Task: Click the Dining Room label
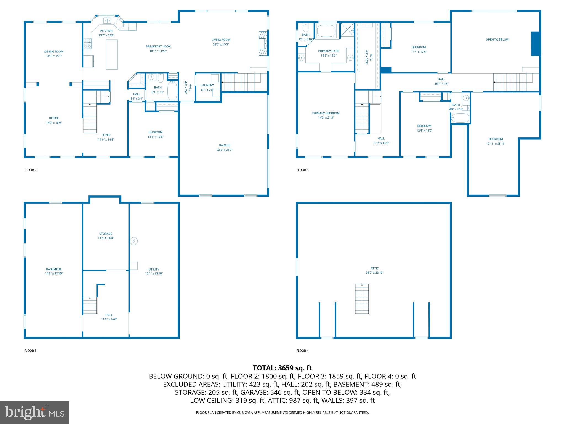tap(54, 52)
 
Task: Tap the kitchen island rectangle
tap(112, 54)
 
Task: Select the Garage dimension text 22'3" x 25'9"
tap(224, 150)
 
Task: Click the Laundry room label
tap(207, 85)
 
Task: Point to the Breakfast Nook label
tap(158, 47)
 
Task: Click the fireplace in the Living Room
tap(263, 44)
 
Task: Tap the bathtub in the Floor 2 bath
tap(172, 91)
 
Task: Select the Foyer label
tap(106, 135)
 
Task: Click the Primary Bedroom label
tap(326, 113)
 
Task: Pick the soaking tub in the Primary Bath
tap(327, 31)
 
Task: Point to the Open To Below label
tap(497, 39)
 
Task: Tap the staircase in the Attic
tap(362, 299)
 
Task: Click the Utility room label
tap(154, 269)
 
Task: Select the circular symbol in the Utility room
tap(134, 241)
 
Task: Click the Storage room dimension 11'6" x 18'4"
tap(106, 238)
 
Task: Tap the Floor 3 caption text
tap(302, 170)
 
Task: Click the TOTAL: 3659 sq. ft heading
tap(282, 368)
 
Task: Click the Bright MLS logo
tap(34, 412)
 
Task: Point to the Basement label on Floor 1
tap(54, 269)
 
